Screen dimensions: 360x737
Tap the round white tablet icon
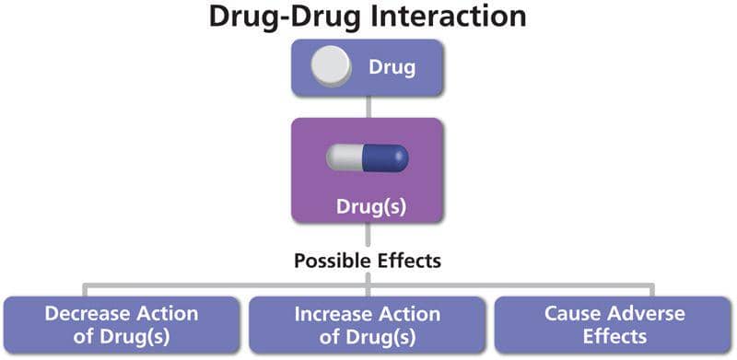point(331,67)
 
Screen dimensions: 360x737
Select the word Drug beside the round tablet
point(392,67)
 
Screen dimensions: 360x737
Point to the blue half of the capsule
point(387,158)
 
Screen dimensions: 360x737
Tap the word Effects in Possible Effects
point(408,261)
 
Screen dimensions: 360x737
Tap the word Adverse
point(643,313)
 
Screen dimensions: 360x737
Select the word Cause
point(571,313)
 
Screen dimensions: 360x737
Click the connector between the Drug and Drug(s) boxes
point(368,107)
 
